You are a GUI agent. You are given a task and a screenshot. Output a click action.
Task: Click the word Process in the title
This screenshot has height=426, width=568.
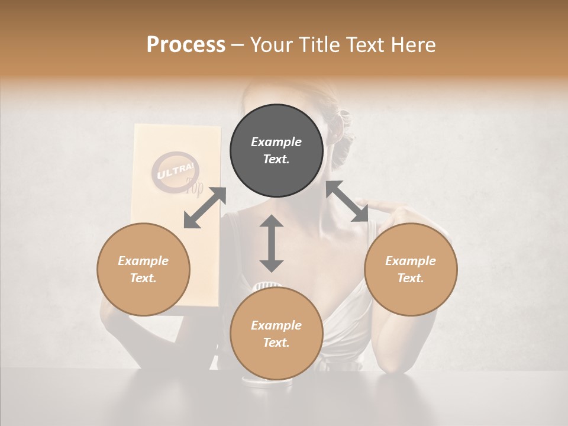[x=186, y=45]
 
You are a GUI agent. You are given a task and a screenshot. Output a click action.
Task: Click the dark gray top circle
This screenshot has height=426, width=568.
[x=276, y=150]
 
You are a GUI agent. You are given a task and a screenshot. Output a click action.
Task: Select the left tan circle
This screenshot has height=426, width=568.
[x=143, y=269]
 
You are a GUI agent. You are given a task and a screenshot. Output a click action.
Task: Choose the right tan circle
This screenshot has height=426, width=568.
[x=411, y=269]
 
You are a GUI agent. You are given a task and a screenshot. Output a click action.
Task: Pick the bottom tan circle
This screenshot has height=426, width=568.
[x=276, y=334]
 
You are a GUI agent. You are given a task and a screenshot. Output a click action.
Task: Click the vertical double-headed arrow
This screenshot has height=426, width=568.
[x=272, y=243]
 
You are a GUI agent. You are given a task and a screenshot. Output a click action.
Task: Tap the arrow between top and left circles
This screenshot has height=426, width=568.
[x=205, y=208]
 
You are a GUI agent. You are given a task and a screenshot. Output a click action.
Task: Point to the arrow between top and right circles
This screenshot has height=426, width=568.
[x=347, y=202]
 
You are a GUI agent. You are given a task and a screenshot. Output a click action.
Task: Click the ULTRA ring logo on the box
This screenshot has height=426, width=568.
[x=176, y=173]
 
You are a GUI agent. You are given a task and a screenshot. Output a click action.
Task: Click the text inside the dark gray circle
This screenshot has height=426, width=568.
[x=276, y=150]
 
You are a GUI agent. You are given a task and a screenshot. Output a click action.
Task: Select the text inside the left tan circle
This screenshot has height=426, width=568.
[x=143, y=269]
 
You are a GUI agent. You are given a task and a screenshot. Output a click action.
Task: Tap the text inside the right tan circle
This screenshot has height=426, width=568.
[x=411, y=269]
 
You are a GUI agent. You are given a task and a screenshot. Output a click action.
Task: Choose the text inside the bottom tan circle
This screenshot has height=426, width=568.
[x=276, y=334]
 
